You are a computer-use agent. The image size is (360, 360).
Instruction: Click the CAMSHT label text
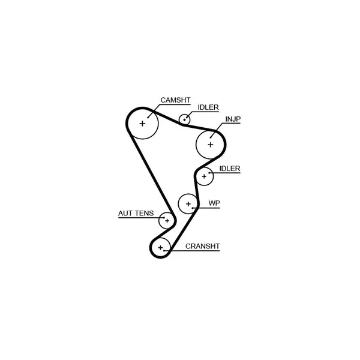tap(175, 100)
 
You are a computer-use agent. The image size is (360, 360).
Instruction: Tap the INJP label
tap(233, 119)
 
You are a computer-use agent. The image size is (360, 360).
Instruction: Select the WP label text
tap(214, 203)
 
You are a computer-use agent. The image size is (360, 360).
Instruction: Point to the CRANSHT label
tap(203, 246)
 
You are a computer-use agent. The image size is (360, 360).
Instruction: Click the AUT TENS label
tap(136, 213)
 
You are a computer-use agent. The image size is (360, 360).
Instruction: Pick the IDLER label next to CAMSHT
tap(208, 107)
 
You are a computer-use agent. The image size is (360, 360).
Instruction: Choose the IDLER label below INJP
tap(230, 169)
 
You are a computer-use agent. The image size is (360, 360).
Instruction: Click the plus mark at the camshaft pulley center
tap(142, 124)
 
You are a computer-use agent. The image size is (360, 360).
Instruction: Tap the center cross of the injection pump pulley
tap(211, 145)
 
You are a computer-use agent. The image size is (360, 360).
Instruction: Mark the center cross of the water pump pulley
tap(188, 203)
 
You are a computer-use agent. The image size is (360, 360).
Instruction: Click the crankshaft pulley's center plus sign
tap(160, 247)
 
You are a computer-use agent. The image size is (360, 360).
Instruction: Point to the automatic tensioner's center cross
tap(167, 221)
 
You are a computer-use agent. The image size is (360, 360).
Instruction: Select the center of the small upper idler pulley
tap(184, 119)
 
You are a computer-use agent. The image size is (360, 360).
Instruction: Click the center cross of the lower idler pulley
tap(204, 176)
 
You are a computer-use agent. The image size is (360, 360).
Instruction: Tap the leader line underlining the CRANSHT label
tap(192, 250)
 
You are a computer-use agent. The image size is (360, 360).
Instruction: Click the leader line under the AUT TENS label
tap(142, 218)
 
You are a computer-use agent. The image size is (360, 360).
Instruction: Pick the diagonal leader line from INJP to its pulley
tap(217, 130)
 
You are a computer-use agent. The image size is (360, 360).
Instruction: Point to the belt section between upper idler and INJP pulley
tap(199, 128)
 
